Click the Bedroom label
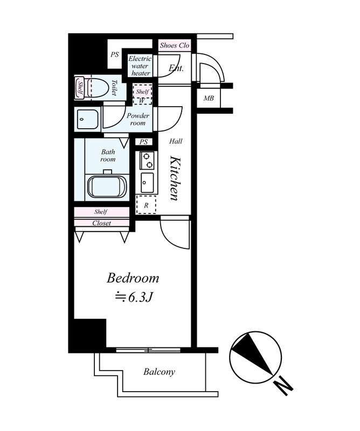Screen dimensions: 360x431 point(133,278)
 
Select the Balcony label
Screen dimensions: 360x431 point(159,372)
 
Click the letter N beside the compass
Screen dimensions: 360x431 point(284,386)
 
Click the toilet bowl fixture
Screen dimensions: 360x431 point(96,87)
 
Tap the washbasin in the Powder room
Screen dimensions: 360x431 point(87,119)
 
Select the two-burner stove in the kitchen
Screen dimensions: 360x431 point(147,160)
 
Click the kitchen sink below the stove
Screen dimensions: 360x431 point(148,183)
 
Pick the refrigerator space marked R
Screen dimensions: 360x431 point(146,205)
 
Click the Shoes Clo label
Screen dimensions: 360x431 point(175,45)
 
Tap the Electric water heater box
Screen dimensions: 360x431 point(140,66)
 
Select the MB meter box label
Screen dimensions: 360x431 point(209,98)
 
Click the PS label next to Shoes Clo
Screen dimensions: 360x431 point(115,54)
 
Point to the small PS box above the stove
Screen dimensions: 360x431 point(144,142)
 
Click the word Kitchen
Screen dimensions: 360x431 point(175,178)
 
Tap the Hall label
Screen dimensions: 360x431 point(176,141)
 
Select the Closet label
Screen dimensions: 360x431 point(101,223)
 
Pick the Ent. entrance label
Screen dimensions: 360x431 point(176,68)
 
